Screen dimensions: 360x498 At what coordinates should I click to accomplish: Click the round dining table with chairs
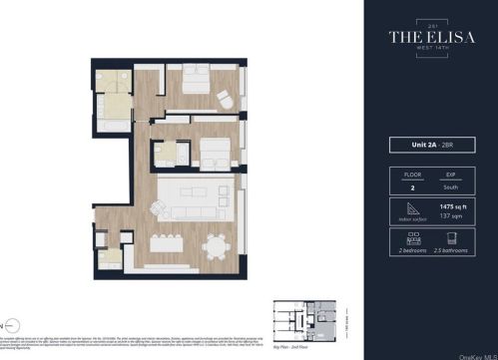(x=215, y=245)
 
